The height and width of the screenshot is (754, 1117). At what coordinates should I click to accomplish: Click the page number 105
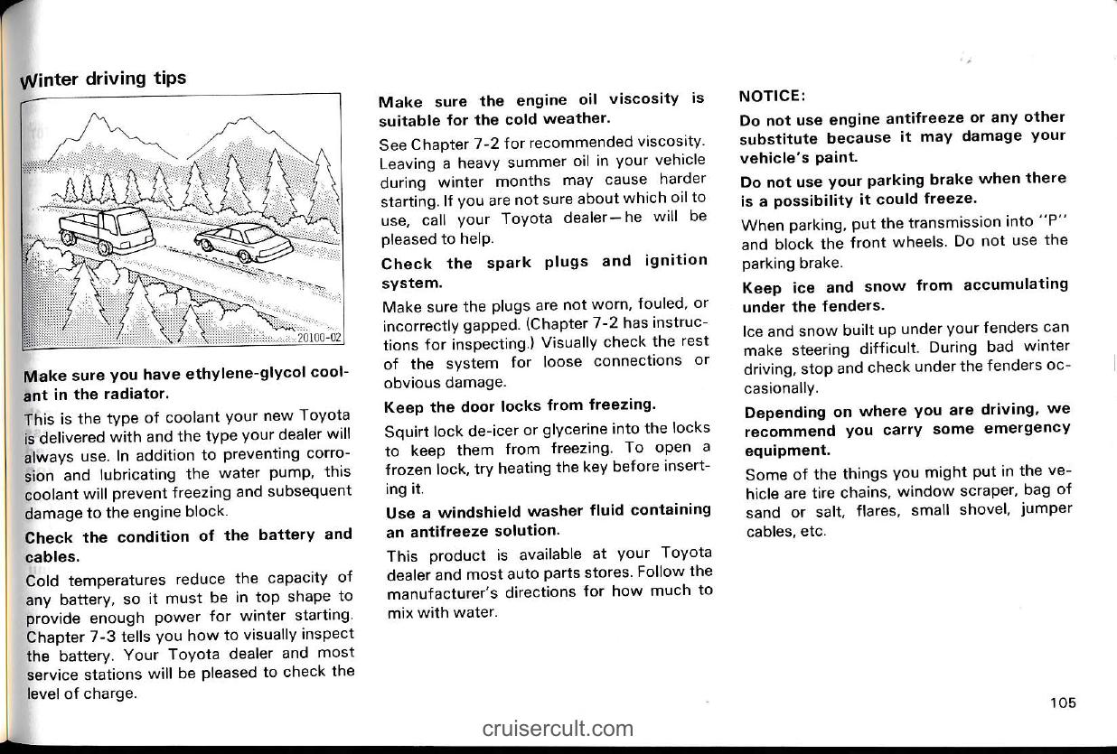[x=1064, y=703]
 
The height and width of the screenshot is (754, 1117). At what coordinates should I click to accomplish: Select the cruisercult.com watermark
[x=558, y=728]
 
